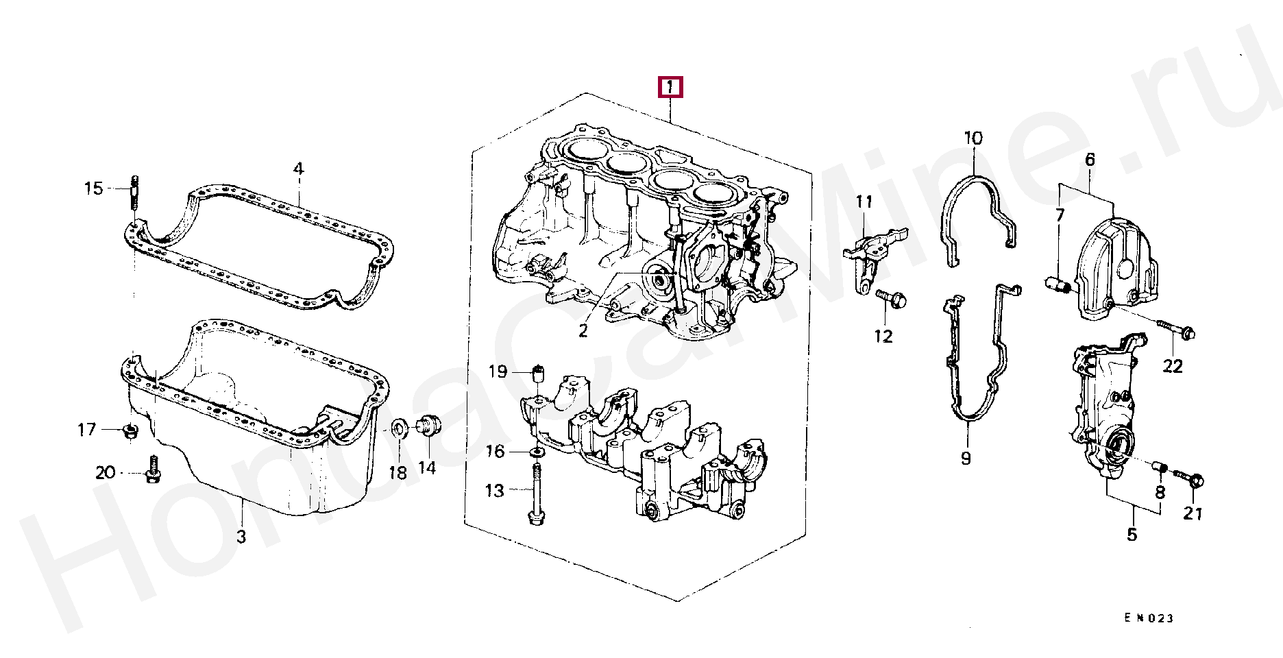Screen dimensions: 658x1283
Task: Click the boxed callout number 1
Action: [x=670, y=87]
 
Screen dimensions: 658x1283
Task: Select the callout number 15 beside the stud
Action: [x=94, y=188]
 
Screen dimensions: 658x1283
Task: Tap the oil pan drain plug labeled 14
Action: [x=428, y=426]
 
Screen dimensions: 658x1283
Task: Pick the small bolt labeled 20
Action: [x=153, y=470]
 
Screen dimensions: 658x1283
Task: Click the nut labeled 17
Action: [x=130, y=431]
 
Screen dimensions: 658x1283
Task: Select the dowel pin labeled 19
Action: [x=539, y=374]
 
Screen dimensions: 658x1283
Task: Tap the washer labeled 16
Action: [x=537, y=452]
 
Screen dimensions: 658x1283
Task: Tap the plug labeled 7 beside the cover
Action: [x=1056, y=283]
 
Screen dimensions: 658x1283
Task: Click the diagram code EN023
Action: [x=1149, y=618]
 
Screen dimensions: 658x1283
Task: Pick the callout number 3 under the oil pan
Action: [x=241, y=537]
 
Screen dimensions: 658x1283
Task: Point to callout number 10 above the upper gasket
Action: [x=973, y=138]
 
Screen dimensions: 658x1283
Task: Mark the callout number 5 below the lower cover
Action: [x=1132, y=535]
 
